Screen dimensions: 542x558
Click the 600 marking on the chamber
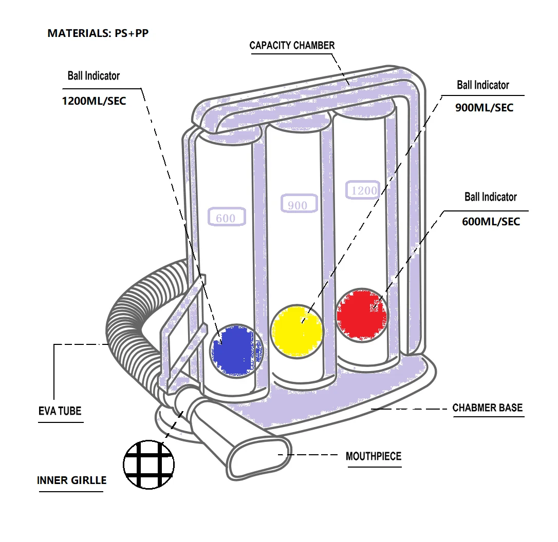pos(226,218)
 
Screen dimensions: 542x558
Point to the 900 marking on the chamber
pos(297,205)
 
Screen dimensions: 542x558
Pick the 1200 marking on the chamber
pos(364,190)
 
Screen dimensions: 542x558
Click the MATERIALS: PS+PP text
pos(98,33)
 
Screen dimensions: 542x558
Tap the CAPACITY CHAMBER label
pos(292,46)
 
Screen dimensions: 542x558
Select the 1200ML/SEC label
pos(94,101)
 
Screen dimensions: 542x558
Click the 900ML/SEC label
pos(484,108)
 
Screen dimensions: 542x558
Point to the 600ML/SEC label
pos(491,222)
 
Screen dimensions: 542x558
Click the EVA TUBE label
pos(60,411)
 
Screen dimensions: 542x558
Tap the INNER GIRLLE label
pos(72,481)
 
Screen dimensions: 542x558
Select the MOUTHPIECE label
pos(373,456)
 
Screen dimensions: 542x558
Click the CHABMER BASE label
pos(487,408)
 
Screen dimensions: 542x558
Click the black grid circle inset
pos(149,464)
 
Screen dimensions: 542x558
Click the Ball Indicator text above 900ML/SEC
pos(483,85)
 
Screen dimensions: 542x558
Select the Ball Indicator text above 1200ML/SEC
pos(94,76)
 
